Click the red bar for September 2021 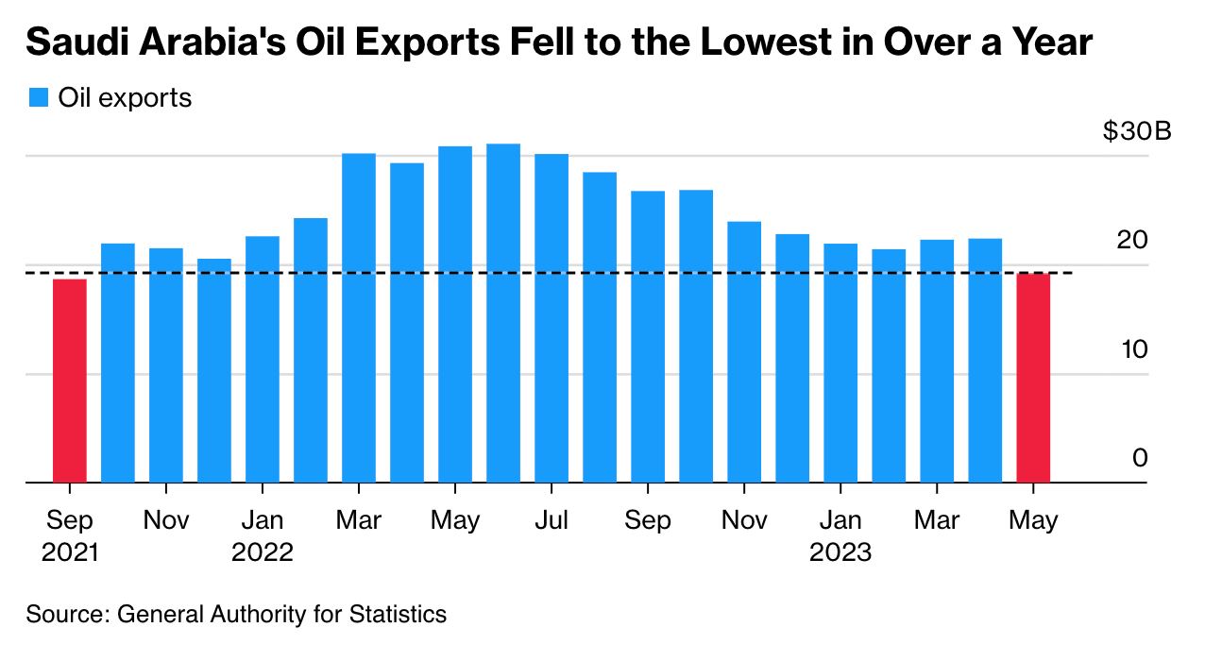pyautogui.click(x=70, y=381)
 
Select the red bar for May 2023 pyautogui.click(x=1033, y=378)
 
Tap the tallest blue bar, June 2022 pyautogui.click(x=503, y=313)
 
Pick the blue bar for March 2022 pyautogui.click(x=359, y=317)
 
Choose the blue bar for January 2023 pyautogui.click(x=840, y=363)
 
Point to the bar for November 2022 pyautogui.click(x=744, y=351)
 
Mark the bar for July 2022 pyautogui.click(x=552, y=317)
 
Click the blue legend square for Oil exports pyautogui.click(x=39, y=97)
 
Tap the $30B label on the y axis pyautogui.click(x=1136, y=131)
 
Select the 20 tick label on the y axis pyautogui.click(x=1131, y=240)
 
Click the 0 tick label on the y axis pyautogui.click(x=1139, y=458)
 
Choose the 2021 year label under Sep pyautogui.click(x=70, y=551)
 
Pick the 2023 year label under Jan pyautogui.click(x=840, y=551)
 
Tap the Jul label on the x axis pyautogui.click(x=552, y=520)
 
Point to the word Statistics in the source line pyautogui.click(x=395, y=615)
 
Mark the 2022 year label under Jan pyautogui.click(x=263, y=551)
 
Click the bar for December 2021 pyautogui.click(x=214, y=370)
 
